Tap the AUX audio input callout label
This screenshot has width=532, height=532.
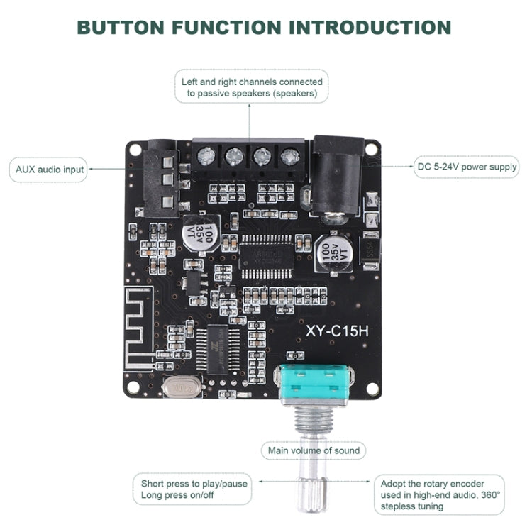[50, 170]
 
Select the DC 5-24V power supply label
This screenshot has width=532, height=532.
[467, 167]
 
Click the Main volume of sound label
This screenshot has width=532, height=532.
[313, 450]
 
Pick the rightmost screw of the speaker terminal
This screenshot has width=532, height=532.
[288, 156]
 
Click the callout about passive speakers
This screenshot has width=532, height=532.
[252, 87]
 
